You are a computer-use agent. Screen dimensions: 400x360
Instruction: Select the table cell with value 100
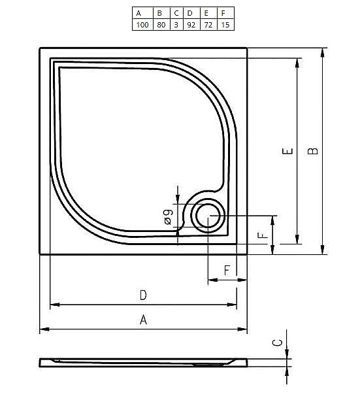140,25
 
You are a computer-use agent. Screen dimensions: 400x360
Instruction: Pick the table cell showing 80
159,25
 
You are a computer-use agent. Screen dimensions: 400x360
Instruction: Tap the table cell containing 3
176,25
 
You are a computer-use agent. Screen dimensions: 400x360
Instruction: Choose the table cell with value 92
189,25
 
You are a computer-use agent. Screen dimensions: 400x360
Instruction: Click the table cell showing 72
206,25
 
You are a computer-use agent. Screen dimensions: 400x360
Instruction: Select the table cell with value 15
223,25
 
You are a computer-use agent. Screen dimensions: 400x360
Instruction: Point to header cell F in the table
223,12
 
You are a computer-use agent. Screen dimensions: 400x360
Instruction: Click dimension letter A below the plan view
143,320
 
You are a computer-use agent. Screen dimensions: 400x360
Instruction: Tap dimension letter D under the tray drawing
143,295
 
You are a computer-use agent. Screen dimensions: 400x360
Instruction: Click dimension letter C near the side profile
277,342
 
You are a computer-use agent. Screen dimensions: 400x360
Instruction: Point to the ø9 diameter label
168,217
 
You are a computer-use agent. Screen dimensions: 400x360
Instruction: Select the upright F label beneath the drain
227,269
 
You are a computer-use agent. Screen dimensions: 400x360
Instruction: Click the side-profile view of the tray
144,361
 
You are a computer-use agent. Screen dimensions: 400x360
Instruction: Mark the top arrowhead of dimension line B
323,51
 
